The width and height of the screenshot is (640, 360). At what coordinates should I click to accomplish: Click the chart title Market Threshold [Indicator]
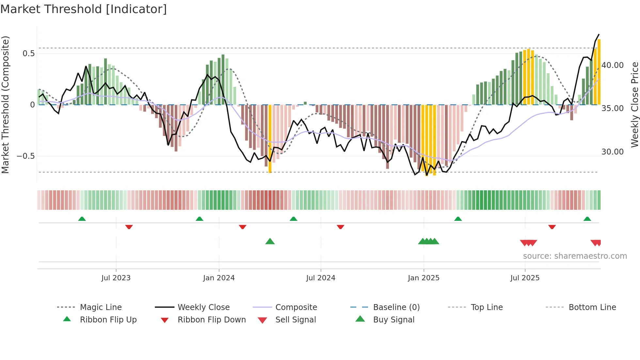pos(84,9)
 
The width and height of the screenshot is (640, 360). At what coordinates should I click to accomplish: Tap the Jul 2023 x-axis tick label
pos(116,278)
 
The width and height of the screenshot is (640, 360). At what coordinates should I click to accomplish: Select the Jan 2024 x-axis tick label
pos(219,278)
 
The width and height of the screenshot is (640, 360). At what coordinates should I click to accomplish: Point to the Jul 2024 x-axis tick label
pos(321,278)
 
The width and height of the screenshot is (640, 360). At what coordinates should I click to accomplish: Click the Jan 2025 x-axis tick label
pos(424,278)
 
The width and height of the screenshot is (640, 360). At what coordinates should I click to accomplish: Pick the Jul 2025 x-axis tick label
pos(525,278)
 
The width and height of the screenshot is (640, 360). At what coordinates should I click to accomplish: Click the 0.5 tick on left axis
pos(28,54)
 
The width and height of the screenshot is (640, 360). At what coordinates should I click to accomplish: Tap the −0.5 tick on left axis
pos(26,156)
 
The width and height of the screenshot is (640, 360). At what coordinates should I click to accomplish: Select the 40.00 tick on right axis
pos(613,65)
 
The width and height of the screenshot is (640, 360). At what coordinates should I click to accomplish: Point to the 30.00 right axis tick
pos(613,152)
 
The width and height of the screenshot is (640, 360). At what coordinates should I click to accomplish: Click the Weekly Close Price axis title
pos(634,105)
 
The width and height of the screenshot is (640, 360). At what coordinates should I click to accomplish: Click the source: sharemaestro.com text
pos(575,256)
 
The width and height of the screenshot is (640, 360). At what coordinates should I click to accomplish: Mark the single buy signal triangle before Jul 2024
pos(270,241)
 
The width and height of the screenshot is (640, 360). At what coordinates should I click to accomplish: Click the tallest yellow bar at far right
pos(599,72)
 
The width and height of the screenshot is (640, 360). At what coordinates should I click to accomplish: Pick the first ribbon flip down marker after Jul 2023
pos(129,227)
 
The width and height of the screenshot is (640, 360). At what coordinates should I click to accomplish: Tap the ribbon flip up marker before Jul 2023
pos(82,219)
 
